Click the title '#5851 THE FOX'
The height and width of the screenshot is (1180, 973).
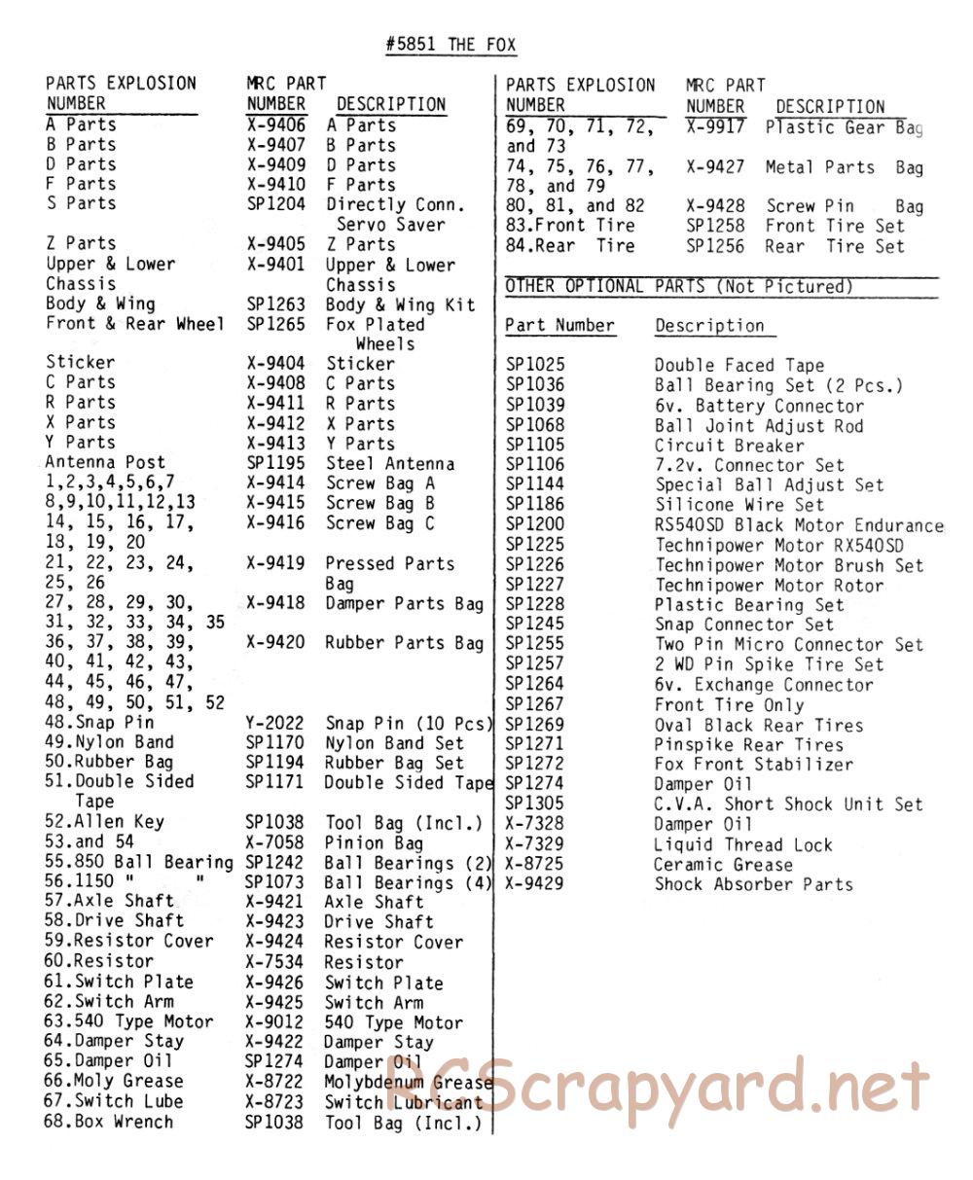(x=450, y=45)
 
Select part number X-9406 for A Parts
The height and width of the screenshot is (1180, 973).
(x=275, y=125)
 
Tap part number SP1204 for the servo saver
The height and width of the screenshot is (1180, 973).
(x=275, y=204)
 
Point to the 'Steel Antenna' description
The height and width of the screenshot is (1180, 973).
(x=389, y=463)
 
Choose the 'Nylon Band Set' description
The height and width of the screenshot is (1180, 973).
(x=394, y=743)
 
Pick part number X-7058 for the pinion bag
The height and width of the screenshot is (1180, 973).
(x=274, y=842)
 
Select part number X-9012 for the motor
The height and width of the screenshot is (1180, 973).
(x=274, y=1022)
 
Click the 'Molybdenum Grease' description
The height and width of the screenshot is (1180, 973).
(x=408, y=1082)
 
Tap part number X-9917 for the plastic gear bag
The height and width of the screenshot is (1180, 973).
(x=715, y=126)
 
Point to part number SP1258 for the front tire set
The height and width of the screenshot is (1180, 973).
(x=715, y=226)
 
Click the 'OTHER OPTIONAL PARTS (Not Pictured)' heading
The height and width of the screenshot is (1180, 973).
(x=679, y=286)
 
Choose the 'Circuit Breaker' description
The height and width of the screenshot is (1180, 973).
(x=730, y=446)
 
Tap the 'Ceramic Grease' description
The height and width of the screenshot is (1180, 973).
(x=723, y=865)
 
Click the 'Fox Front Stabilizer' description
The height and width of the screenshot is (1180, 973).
(x=753, y=765)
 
